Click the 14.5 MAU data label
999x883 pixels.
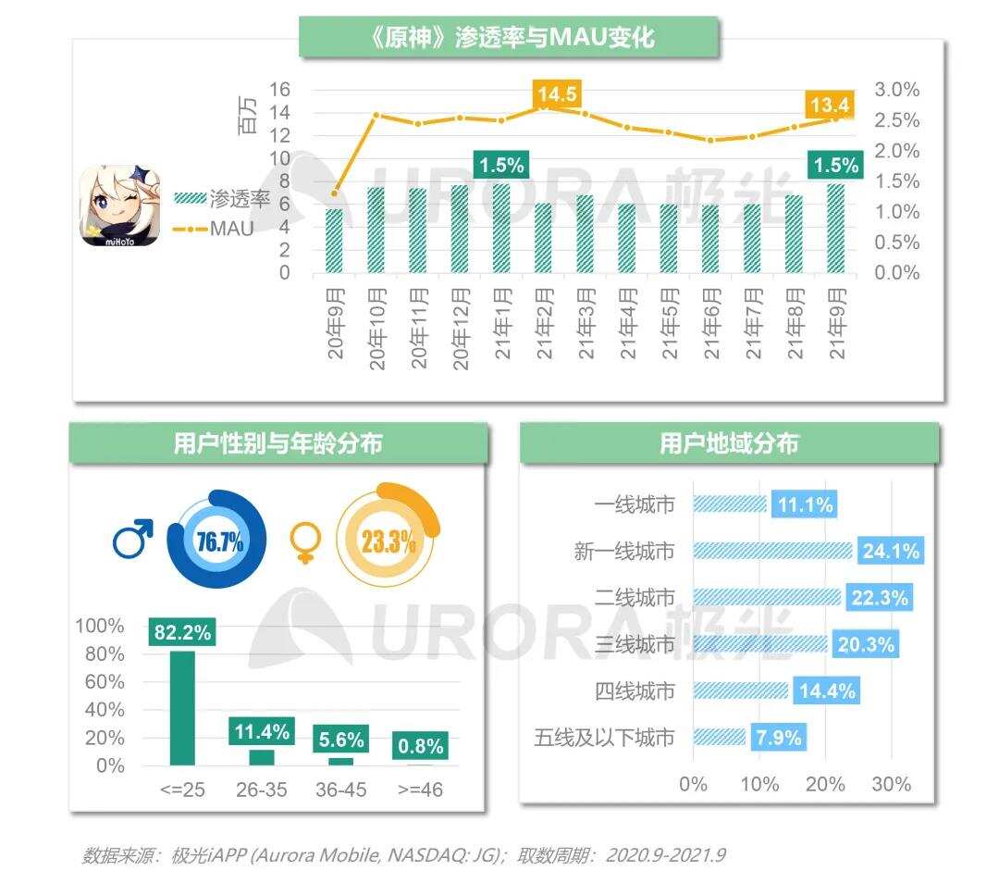coord(556,94)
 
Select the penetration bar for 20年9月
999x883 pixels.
coord(334,241)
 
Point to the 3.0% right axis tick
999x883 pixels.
coord(896,90)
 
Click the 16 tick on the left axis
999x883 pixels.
coord(279,90)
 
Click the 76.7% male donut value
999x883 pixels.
coord(219,541)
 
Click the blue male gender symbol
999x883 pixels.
coord(132,540)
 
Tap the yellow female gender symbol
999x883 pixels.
coord(303,541)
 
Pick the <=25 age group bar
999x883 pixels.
coord(182,708)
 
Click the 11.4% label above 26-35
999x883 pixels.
coord(262,731)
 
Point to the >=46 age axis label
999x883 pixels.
coord(420,790)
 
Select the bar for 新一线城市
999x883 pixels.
coord(771,551)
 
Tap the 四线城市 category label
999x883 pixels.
coord(635,690)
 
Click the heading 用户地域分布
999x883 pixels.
coord(729,443)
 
